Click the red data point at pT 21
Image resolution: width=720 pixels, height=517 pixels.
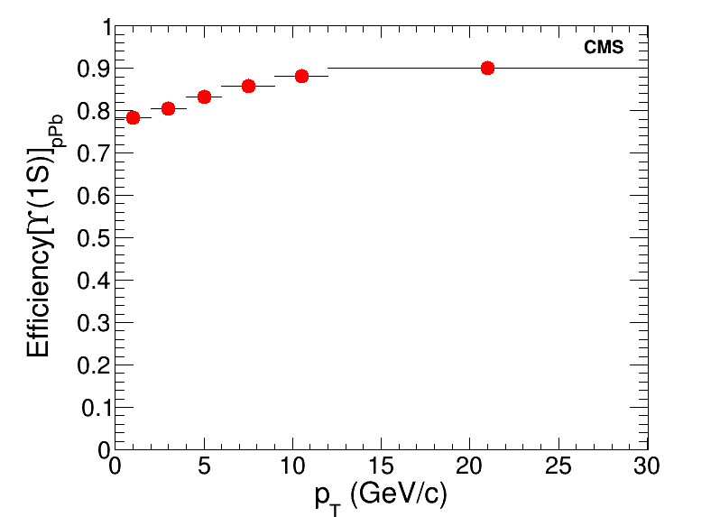click(x=487, y=68)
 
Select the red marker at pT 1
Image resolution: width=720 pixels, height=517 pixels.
click(x=133, y=117)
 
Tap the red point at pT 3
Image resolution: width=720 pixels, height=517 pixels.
click(x=168, y=108)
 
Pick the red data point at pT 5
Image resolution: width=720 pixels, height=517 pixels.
click(x=204, y=97)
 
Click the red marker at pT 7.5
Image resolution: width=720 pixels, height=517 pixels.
click(x=248, y=86)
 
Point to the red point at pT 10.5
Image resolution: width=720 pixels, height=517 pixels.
click(x=301, y=76)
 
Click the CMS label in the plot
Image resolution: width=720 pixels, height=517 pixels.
click(x=604, y=48)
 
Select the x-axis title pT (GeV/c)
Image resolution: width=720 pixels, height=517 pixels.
click(x=381, y=495)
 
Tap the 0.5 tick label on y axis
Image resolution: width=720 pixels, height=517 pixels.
click(x=93, y=238)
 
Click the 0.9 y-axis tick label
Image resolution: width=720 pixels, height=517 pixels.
click(x=93, y=69)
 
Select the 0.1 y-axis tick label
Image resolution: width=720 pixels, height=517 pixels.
click(x=95, y=408)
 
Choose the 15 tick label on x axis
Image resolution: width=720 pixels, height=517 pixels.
click(x=381, y=466)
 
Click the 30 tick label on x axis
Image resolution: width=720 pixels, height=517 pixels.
click(x=647, y=466)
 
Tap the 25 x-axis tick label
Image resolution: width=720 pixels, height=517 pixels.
click(x=558, y=466)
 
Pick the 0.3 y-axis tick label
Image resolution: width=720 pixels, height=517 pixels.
click(x=93, y=323)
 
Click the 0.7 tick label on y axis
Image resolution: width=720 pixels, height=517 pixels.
click(x=93, y=154)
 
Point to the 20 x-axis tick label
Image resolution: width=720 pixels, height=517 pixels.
click(x=469, y=466)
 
